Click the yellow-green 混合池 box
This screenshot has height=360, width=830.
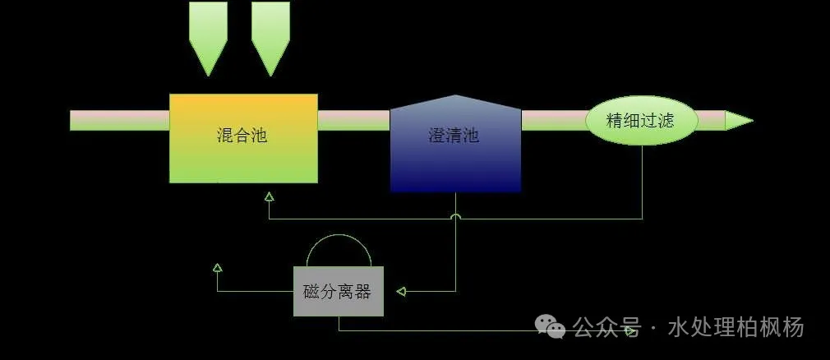243,139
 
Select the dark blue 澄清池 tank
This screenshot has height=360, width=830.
456,144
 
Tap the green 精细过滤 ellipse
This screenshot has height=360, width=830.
642,121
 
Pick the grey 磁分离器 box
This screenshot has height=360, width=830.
339,291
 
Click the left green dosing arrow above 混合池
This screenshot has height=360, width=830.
209,39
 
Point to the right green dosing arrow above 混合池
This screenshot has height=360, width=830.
270,39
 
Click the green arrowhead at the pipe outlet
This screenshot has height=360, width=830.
739,121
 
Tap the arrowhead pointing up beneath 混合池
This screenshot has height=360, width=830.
269,197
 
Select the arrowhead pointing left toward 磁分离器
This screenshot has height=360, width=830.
401,291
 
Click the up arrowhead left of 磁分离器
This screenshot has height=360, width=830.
217,267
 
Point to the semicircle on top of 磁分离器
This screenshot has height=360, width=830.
339,251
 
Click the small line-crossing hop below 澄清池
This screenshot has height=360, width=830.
456,216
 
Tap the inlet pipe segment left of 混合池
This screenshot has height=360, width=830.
120,121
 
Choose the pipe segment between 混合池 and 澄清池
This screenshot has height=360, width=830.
354,121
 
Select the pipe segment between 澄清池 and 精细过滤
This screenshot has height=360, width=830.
554,121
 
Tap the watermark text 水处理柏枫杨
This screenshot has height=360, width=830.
736,326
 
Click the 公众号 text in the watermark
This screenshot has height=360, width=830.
607,326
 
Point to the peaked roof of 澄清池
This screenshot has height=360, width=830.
456,102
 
